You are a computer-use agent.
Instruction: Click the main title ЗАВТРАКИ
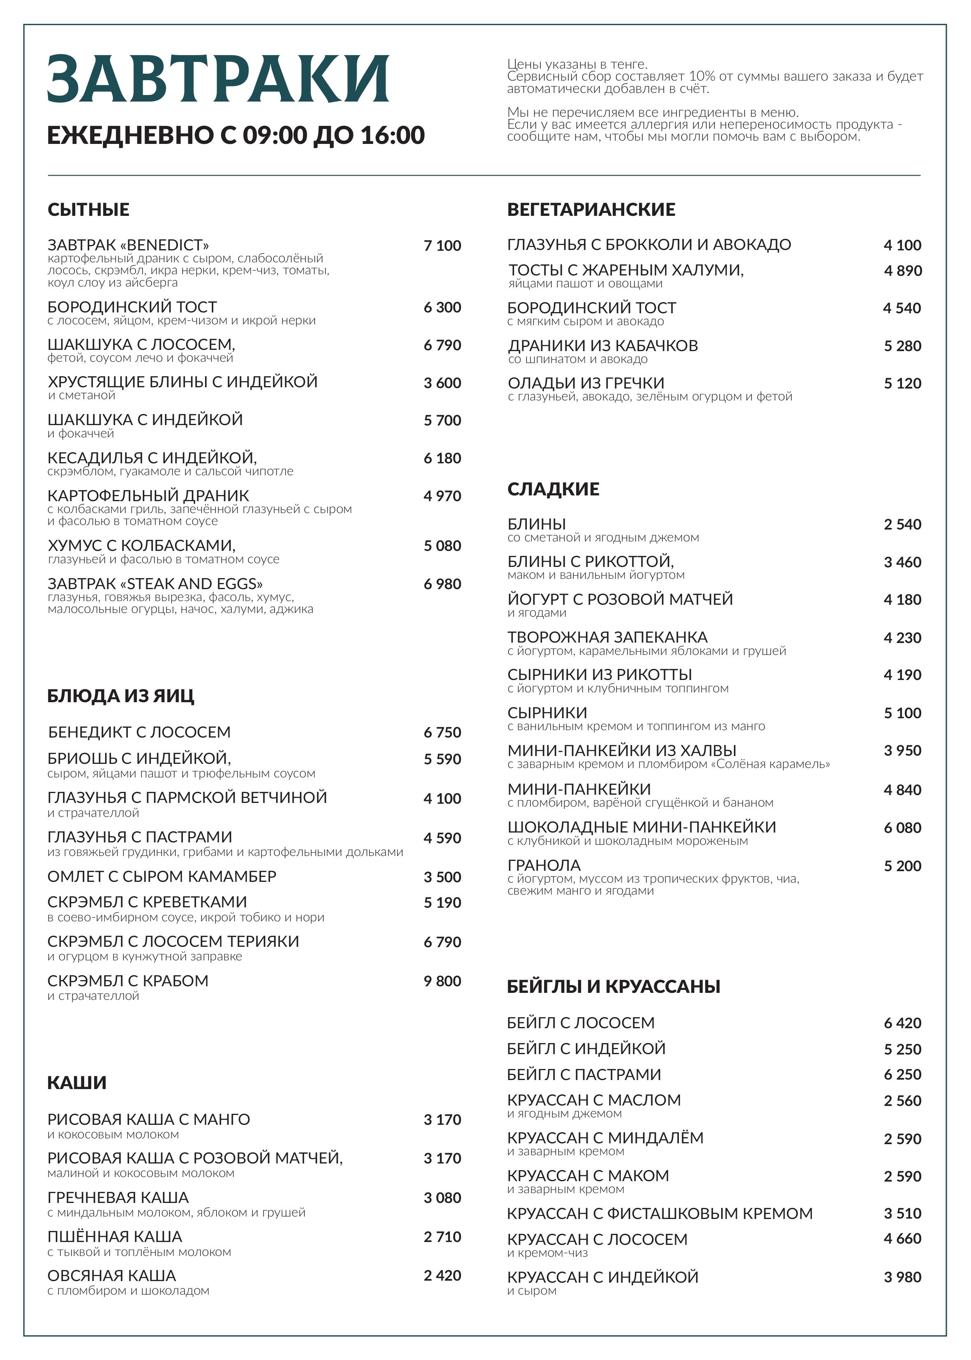pos(218,79)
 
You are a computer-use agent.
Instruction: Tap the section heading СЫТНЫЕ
pos(88,210)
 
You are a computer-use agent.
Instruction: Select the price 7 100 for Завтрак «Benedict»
pos(443,246)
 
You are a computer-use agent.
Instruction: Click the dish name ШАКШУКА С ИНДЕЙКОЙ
pos(145,420)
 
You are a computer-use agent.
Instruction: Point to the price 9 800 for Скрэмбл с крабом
pos(443,981)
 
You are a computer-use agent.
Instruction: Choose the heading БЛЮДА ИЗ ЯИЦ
pos(121,696)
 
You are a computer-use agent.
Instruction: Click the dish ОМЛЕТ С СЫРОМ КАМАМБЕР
pos(162,877)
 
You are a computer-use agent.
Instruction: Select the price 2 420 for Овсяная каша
pos(443,1276)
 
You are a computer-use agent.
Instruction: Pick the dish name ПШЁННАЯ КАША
pos(115,1237)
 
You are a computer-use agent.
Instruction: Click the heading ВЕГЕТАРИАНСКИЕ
pos(591,210)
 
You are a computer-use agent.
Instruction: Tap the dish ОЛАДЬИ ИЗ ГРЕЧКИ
pos(586,383)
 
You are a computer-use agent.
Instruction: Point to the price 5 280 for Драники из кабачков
pos(902,346)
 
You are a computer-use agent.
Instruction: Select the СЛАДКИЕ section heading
pos(553,489)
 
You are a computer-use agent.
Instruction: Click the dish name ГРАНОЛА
pos(544,865)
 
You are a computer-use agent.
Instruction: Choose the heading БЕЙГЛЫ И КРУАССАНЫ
pos(614,987)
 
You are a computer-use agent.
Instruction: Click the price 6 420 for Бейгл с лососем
pos(902,1023)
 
